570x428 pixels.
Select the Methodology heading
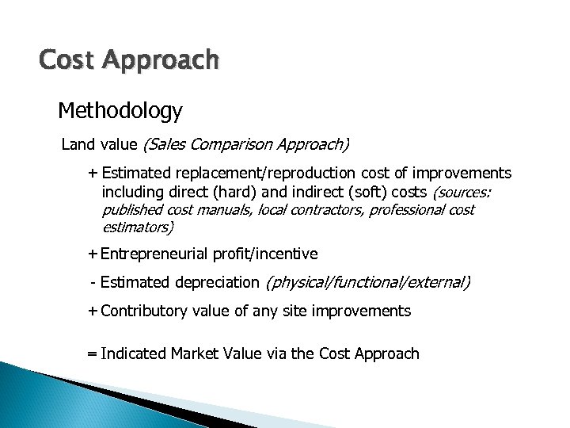click(x=120, y=111)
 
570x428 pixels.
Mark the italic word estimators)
click(x=138, y=227)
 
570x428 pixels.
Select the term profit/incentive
click(x=264, y=254)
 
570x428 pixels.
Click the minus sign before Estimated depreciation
click(x=93, y=282)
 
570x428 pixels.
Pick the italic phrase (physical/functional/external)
click(x=368, y=282)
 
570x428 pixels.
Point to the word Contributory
click(x=144, y=311)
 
